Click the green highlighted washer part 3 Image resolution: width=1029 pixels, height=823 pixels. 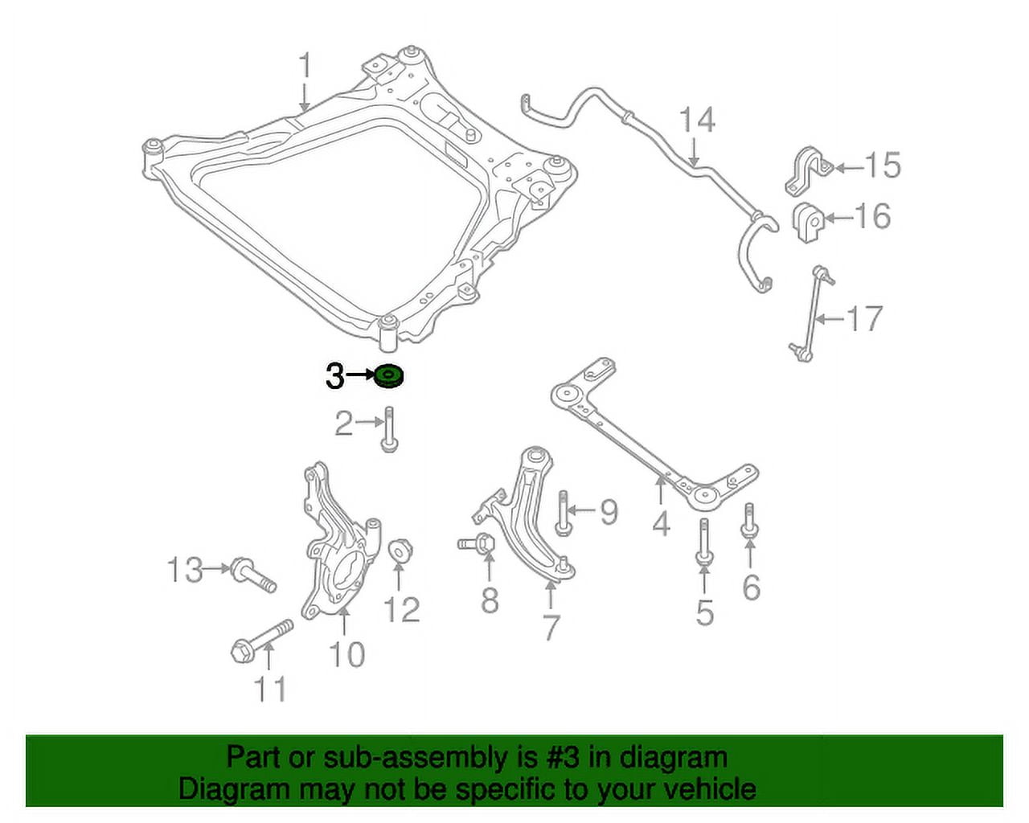click(390, 375)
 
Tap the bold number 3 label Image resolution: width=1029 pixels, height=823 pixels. click(334, 375)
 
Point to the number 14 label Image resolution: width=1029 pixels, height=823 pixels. click(696, 121)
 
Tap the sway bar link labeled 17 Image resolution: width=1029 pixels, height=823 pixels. click(812, 313)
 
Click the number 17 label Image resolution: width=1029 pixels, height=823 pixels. click(865, 319)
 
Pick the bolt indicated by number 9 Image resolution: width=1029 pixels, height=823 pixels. click(563, 512)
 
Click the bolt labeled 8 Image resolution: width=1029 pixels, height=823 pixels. click(476, 543)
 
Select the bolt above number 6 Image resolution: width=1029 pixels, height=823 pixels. click(749, 521)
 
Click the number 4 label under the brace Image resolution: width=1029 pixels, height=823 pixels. click(661, 524)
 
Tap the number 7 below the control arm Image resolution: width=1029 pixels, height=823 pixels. click(551, 627)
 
